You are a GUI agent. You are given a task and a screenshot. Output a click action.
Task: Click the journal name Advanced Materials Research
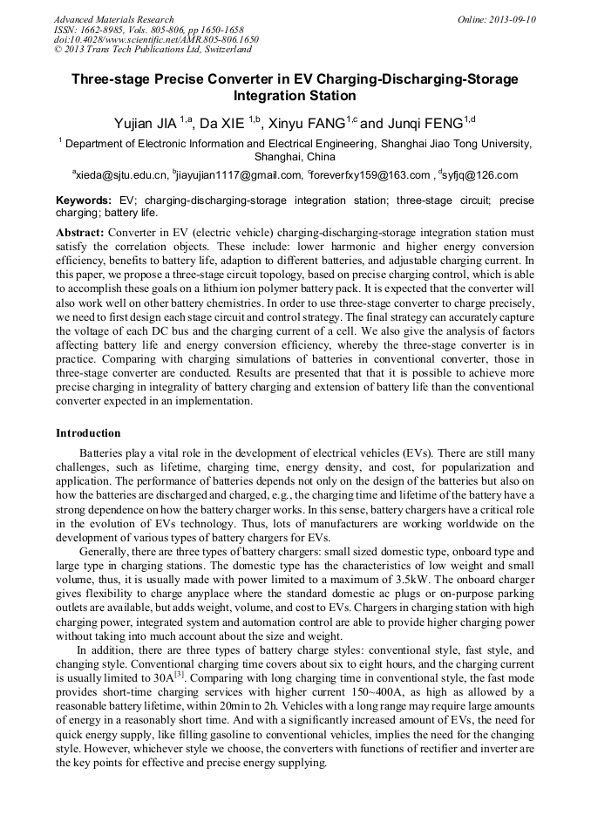pos(113,19)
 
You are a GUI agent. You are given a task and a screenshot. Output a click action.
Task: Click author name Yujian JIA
pos(146,123)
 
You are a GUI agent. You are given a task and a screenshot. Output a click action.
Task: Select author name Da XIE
pos(223,123)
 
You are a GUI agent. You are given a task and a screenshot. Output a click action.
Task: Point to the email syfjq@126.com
pos(480,175)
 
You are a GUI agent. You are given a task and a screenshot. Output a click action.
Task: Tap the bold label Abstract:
pos(80,234)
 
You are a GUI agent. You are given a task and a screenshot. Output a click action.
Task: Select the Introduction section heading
pos(88,433)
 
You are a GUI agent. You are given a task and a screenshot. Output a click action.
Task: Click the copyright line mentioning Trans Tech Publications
pos(153,50)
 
